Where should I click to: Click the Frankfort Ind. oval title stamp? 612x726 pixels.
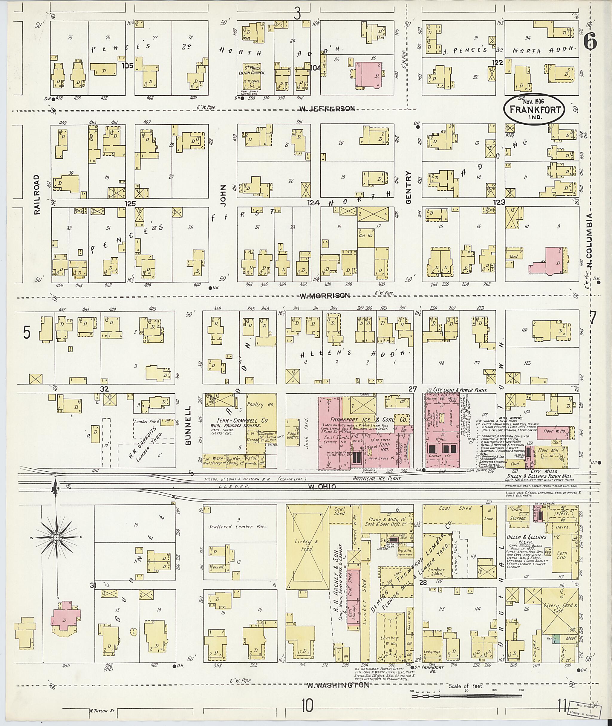click(534, 108)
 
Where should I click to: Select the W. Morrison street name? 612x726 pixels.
click(325, 295)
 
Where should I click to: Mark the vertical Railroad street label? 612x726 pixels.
click(37, 194)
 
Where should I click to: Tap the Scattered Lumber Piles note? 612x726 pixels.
click(238, 526)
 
